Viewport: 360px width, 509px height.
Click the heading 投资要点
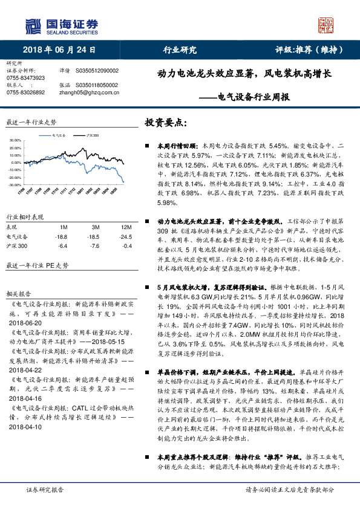(165, 123)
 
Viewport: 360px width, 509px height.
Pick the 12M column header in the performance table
(126, 227)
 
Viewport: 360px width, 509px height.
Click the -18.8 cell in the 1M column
(61, 236)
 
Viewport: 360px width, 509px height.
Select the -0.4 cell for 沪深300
(126, 246)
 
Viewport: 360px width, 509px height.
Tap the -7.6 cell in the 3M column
(93, 246)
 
